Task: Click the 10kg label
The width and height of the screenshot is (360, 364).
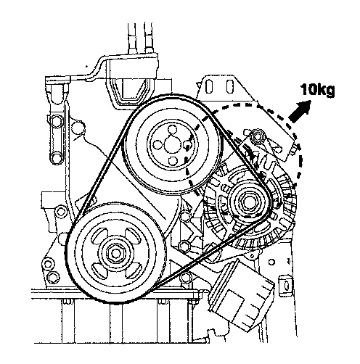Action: pos(318,91)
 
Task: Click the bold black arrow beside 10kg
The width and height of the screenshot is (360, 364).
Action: pos(299,111)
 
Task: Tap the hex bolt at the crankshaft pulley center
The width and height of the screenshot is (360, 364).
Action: pos(116,253)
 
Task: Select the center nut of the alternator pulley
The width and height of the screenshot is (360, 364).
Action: pos(247,202)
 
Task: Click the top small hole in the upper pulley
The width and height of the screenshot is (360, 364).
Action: pos(172,130)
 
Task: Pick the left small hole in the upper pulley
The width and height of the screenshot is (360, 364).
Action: pos(157,144)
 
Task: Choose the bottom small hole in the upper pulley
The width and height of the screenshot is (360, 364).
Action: pos(172,161)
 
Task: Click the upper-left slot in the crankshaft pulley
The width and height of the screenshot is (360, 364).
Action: pos(99,236)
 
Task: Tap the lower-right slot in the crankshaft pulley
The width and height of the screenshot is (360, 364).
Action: pos(133,270)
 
